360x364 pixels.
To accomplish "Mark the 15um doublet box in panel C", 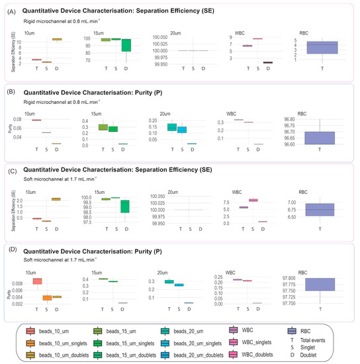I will click(126, 206).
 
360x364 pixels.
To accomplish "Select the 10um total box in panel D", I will click(38, 281).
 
